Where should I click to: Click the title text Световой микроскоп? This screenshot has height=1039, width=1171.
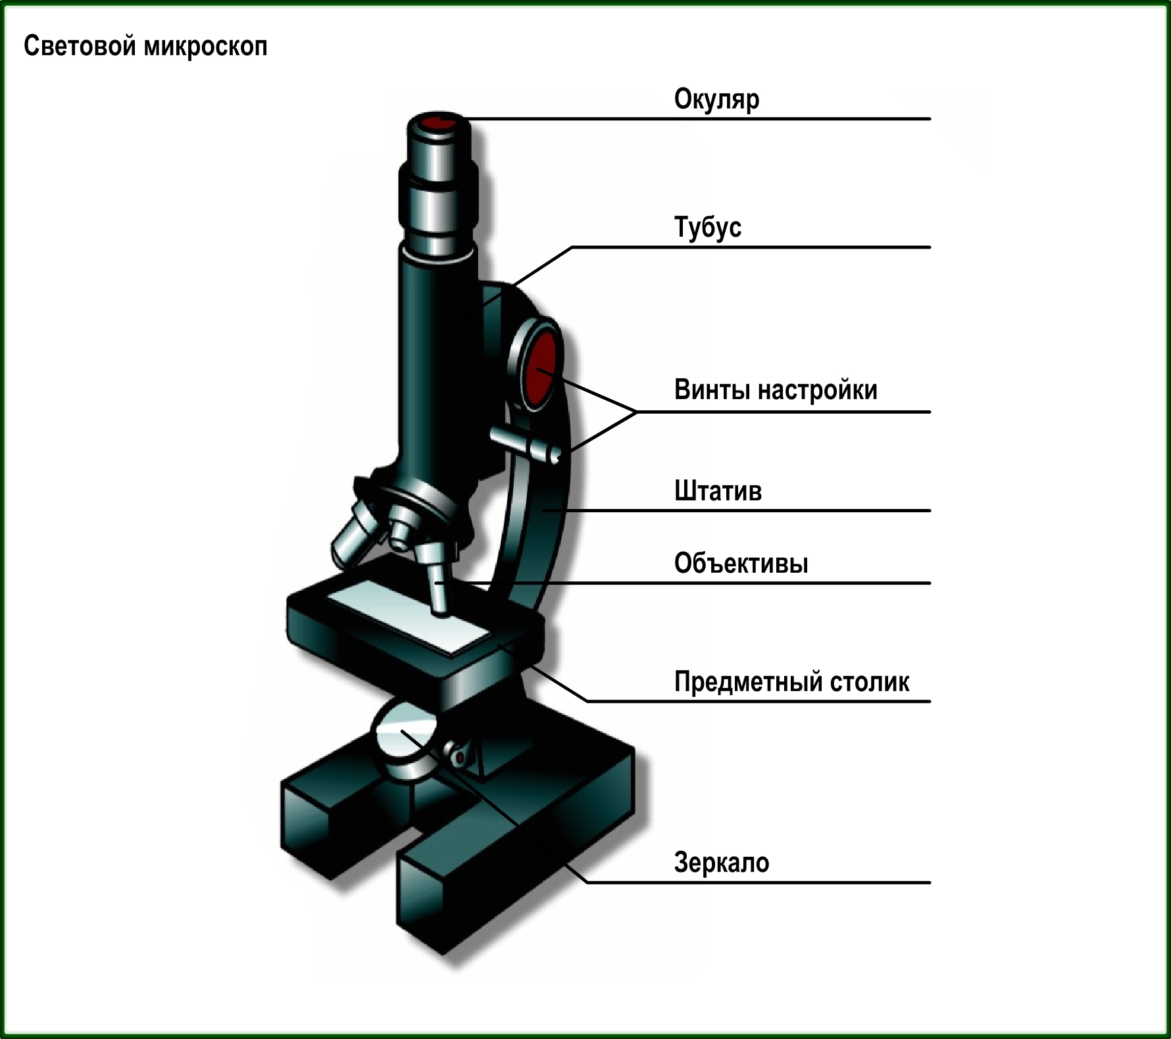145,47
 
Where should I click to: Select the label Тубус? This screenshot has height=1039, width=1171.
707,228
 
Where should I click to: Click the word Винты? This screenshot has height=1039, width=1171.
712,390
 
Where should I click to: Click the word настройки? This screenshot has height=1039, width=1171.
817,391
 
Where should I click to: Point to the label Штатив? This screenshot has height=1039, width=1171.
718,491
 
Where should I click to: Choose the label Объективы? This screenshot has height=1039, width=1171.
741,564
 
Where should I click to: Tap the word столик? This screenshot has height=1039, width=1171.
869,683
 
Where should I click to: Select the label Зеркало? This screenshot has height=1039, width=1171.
721,862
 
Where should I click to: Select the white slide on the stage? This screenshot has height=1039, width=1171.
408,616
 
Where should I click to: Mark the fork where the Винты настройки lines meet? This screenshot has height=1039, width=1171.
636,412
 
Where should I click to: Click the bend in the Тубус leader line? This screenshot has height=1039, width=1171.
572,247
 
